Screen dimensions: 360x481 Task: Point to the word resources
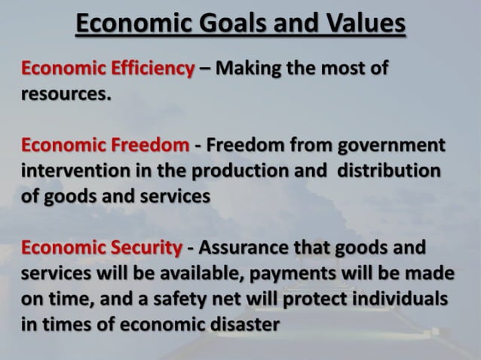tap(65, 96)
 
